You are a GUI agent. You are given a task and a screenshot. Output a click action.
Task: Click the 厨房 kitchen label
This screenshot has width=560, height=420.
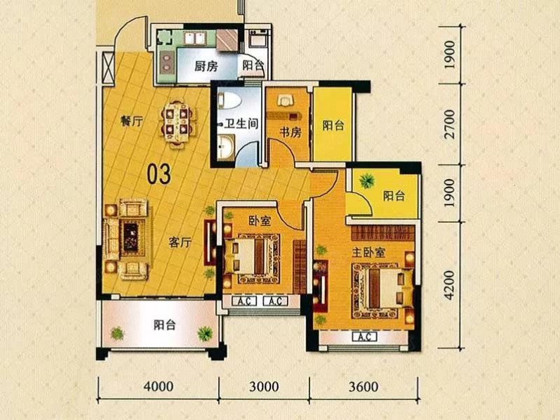point(206,66)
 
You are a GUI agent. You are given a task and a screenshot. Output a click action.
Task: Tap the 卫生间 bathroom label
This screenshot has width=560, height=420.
point(241,124)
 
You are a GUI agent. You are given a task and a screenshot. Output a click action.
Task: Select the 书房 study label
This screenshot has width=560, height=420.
point(291,132)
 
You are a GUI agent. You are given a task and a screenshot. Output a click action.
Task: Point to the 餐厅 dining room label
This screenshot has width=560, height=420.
point(131,122)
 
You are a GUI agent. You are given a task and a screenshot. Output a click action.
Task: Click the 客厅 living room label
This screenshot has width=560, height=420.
point(180,243)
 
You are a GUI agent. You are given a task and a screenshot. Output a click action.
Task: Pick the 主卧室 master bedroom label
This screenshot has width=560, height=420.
point(368,252)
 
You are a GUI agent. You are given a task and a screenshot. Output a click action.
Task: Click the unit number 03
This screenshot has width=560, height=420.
point(159,174)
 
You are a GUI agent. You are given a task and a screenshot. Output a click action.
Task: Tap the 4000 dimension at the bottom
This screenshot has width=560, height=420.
point(159,386)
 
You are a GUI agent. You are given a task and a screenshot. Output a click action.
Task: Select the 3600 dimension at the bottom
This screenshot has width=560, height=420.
point(364,386)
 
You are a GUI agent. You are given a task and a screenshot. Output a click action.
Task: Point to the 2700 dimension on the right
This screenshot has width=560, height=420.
point(451,124)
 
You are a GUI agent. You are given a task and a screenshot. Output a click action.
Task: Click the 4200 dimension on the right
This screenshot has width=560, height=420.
point(451,285)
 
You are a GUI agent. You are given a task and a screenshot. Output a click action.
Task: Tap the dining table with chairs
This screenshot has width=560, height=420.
point(178,124)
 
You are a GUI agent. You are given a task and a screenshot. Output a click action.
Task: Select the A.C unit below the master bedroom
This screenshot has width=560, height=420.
point(364,336)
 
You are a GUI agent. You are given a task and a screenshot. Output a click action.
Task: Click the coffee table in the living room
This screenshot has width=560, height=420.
point(133,237)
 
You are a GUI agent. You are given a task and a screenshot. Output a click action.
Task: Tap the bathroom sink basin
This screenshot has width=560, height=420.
point(226,147)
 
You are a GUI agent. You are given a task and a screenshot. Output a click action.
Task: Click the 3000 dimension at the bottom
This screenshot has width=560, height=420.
point(264,386)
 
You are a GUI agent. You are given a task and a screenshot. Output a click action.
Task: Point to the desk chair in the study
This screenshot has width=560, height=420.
point(285,100)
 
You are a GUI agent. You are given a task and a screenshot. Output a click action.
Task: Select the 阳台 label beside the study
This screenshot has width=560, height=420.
point(333,126)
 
